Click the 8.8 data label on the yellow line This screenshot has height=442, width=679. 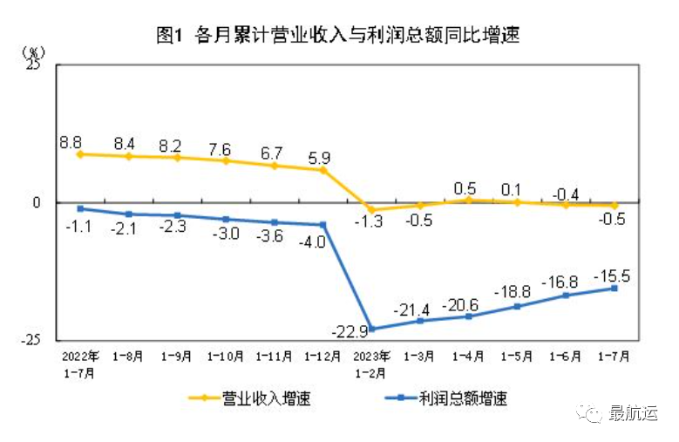point(71,139)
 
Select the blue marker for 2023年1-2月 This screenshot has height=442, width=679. point(372,329)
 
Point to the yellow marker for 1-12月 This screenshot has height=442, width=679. point(323,170)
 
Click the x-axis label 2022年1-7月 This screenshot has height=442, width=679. point(80,361)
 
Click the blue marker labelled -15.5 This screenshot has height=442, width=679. point(614,289)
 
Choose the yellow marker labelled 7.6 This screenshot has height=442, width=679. point(227,161)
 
